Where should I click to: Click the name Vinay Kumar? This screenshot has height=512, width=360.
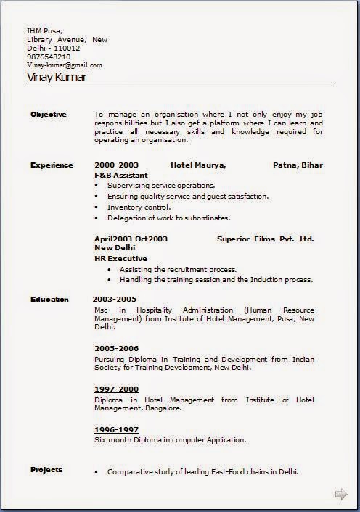(56, 77)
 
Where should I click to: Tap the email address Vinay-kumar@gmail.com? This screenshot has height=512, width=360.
(65, 65)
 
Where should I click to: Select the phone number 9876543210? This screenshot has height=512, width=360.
(49, 57)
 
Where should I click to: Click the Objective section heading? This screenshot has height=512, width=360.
(49, 115)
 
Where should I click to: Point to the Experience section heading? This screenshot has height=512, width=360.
(52, 165)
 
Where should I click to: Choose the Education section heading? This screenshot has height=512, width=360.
(49, 300)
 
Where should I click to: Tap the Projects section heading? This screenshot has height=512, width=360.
(46, 470)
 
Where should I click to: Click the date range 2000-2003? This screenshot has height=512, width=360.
(116, 165)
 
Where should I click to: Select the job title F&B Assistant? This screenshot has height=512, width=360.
(120, 176)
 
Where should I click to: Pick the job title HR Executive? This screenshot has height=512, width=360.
(120, 258)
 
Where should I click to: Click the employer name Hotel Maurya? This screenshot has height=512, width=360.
(198, 165)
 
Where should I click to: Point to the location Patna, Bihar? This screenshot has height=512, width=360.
(298, 165)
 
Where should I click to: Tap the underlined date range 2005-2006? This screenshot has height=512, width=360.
(116, 349)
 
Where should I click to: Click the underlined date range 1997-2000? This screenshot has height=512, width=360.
(116, 389)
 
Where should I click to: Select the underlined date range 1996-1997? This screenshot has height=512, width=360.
(116, 430)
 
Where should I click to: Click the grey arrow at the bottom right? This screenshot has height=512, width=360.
(340, 495)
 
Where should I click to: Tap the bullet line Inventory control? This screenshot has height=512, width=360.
(139, 207)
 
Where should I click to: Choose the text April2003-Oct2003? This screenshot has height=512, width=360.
(131, 238)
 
